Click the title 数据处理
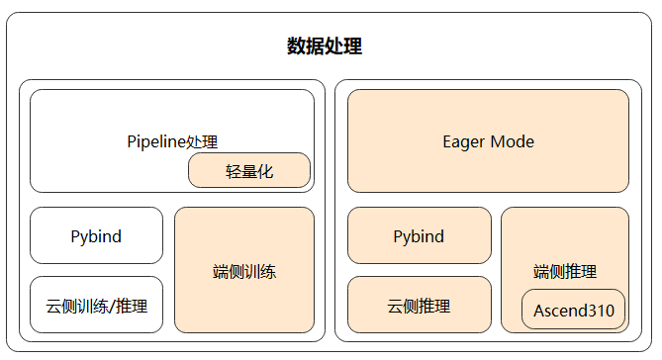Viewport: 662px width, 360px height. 325,45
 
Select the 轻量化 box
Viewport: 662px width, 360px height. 249,170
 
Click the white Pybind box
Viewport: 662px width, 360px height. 96,235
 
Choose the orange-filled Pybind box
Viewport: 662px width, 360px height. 420,235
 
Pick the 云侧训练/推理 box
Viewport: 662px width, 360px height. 96,305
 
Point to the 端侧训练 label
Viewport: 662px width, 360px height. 244,271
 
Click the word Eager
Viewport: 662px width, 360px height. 463,142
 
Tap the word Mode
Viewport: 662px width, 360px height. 513,141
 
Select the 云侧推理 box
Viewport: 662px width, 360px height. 420,305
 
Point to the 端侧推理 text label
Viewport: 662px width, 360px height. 565,271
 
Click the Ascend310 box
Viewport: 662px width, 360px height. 573,310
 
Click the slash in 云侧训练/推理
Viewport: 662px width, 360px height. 112,307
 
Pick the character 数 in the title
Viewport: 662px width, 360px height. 297,45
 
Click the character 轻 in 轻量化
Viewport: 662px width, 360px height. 234,172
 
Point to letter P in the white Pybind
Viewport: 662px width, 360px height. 75,236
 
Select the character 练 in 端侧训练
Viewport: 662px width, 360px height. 268,271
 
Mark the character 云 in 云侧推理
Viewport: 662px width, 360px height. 395,306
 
